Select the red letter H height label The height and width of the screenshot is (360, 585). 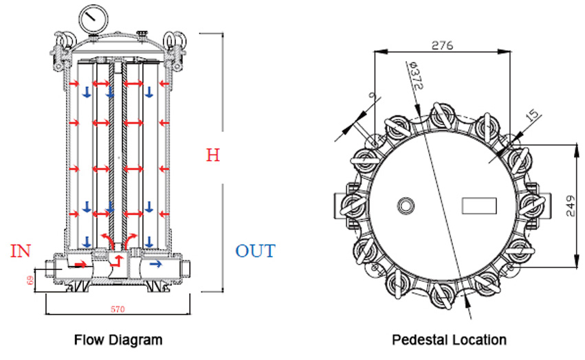pos(213,155)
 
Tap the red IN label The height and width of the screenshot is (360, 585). pos(21,251)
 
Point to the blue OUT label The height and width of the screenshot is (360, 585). pos(255,251)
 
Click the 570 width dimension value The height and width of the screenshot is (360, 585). pos(118,310)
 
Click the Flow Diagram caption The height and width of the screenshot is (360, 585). pos(118,339)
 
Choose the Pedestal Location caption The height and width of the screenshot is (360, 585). pos(449,339)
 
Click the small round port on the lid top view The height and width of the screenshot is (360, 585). pos(405,205)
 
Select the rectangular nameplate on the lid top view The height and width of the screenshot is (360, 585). pos(478,205)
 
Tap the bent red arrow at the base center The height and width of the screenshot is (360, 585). pos(118,260)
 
